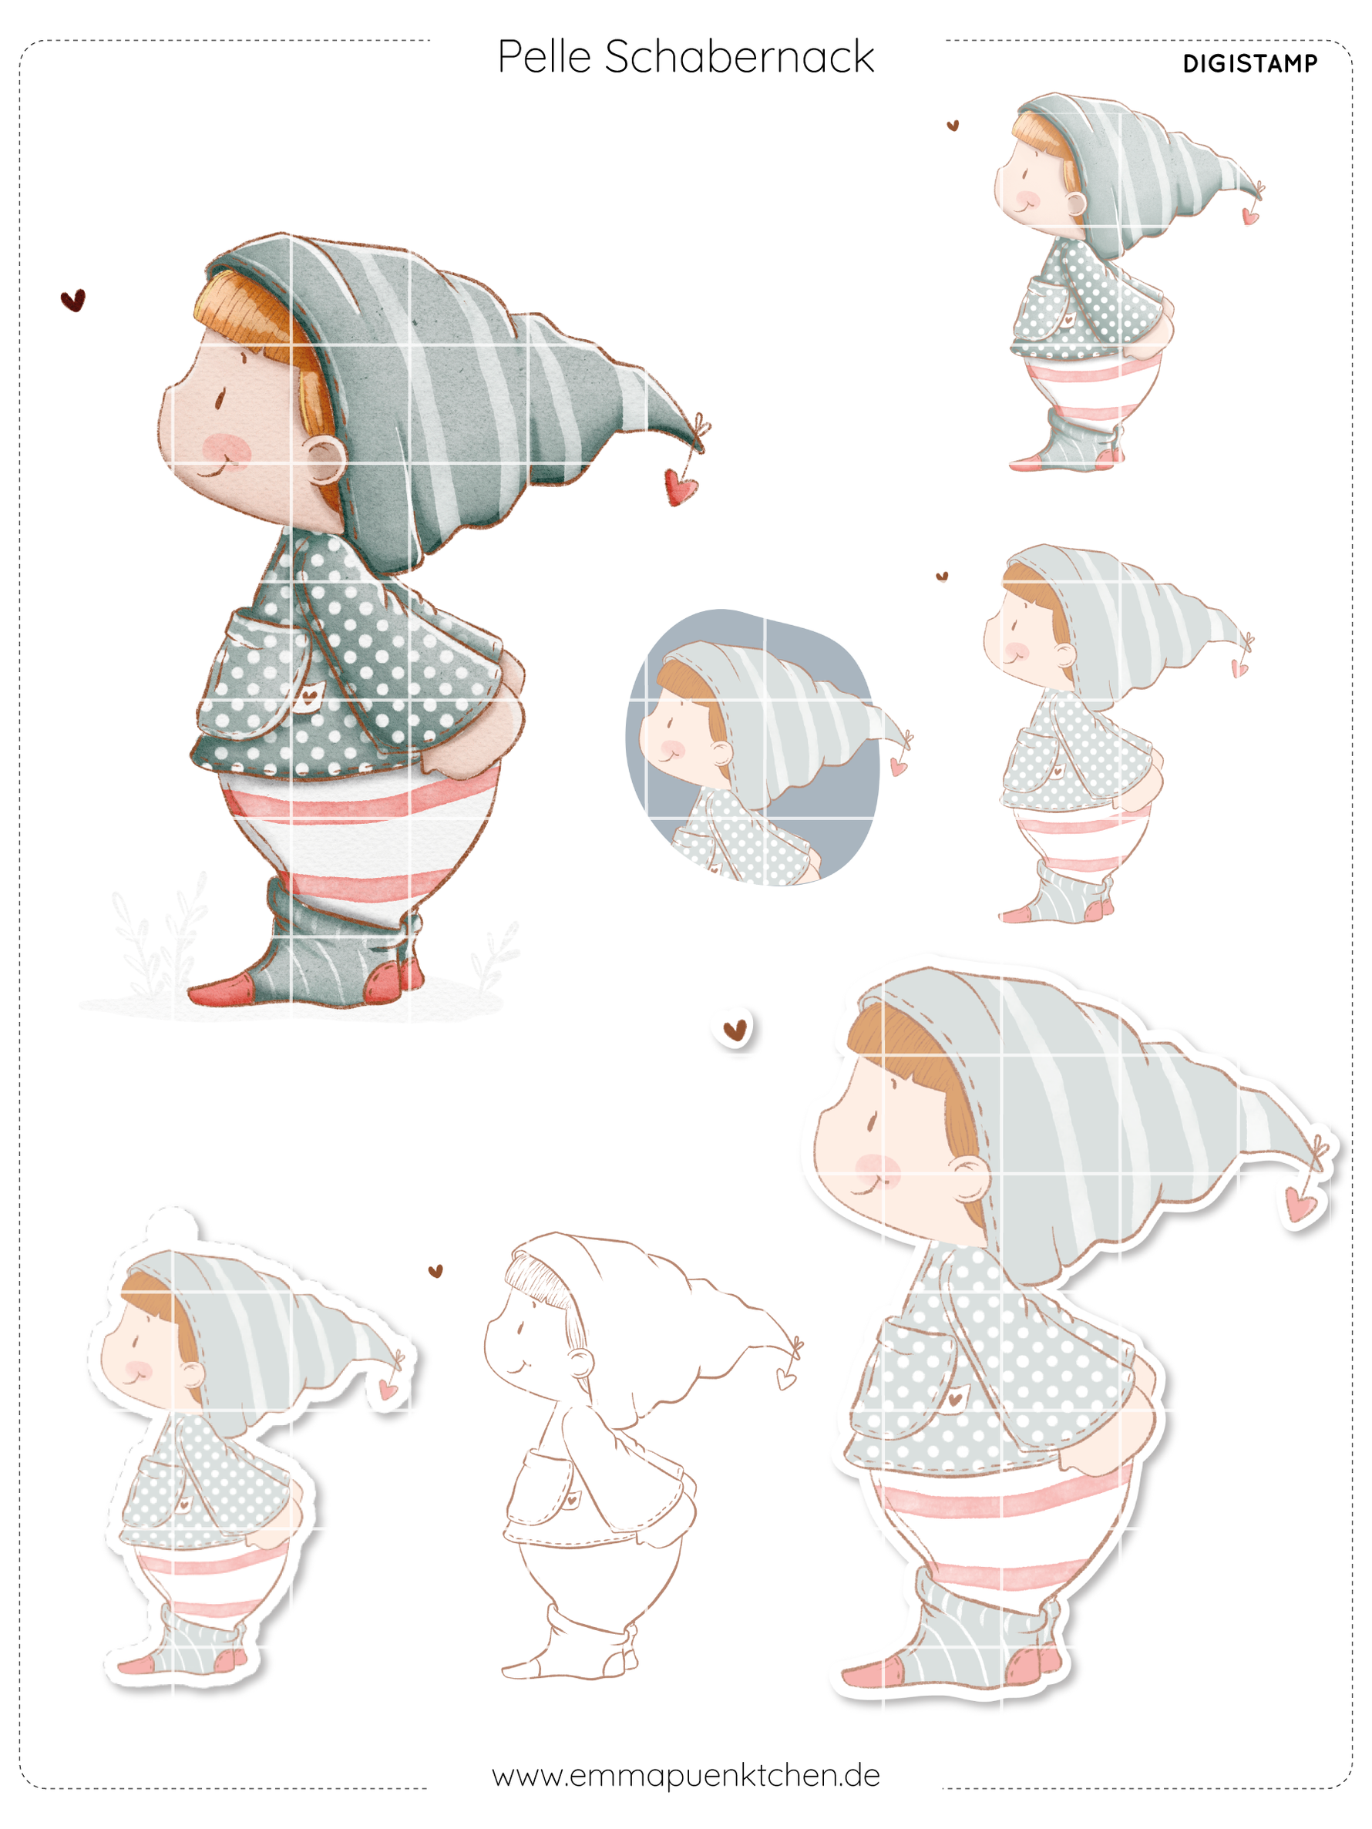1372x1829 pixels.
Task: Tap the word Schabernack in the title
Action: tap(738, 57)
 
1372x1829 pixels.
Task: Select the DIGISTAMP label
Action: tap(1249, 64)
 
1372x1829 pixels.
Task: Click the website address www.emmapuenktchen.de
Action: tap(685, 1775)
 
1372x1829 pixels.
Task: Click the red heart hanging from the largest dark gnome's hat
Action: tap(680, 487)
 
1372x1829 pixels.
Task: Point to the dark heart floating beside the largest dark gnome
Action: tap(73, 299)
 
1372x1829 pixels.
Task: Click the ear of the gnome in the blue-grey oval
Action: tap(721, 752)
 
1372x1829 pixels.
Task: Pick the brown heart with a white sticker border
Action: tap(735, 1029)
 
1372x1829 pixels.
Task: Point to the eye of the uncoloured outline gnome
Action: tap(522, 1329)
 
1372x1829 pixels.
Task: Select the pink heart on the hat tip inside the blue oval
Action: tap(898, 768)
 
